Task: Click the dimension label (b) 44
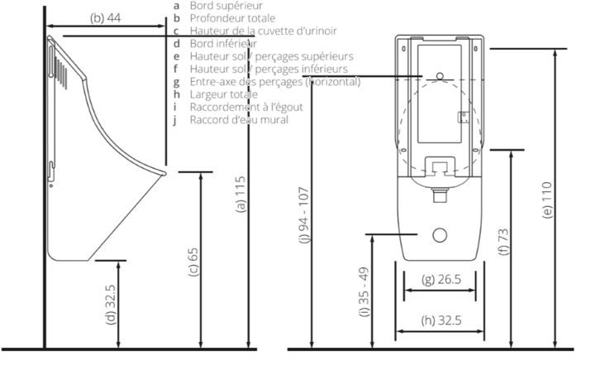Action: click(x=105, y=17)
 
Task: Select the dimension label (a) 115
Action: click(x=240, y=198)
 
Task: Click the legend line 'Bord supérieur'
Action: click(x=221, y=5)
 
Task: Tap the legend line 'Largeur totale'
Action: click(x=223, y=94)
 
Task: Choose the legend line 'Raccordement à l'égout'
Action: click(x=245, y=107)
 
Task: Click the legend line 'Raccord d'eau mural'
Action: click(x=239, y=119)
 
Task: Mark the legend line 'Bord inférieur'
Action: click(x=222, y=43)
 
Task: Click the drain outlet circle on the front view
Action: click(x=438, y=236)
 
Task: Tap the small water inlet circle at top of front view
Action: click(x=440, y=76)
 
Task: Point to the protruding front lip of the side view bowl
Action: click(x=162, y=173)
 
